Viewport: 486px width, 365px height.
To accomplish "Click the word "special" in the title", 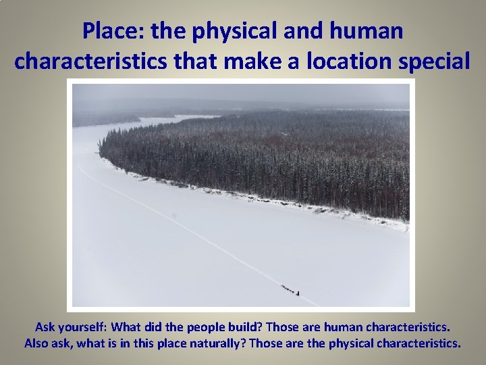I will pos(438,61).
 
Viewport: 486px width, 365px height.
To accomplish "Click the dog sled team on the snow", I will pos(289,290).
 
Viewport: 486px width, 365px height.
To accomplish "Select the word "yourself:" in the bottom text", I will pos(82,327).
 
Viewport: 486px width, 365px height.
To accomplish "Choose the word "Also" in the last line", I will pos(37,343).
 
